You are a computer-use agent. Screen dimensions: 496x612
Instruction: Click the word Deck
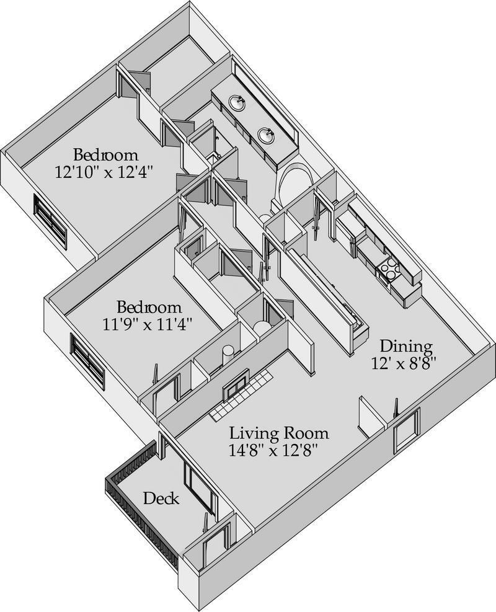click(162, 498)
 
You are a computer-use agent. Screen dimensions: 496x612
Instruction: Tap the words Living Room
click(279, 433)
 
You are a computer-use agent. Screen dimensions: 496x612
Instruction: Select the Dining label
click(406, 346)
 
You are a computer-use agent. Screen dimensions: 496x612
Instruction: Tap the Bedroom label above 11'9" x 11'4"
click(149, 306)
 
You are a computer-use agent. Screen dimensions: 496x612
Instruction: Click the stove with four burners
click(389, 269)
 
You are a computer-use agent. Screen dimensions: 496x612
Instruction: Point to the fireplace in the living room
click(236, 382)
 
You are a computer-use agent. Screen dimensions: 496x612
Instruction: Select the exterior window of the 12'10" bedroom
click(50, 220)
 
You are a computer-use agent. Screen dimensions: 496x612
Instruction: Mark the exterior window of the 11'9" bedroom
click(87, 360)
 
